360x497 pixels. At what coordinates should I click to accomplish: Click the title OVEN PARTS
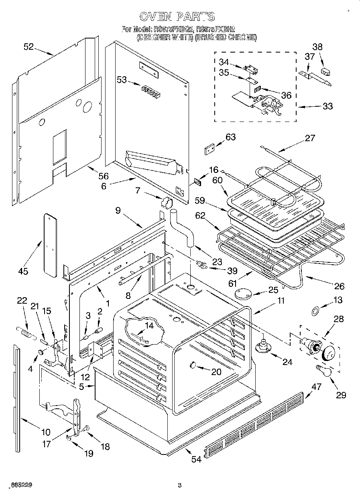[x=177, y=16]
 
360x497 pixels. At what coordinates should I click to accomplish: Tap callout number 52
[x=28, y=47]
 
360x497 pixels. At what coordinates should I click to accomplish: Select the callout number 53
[x=122, y=80]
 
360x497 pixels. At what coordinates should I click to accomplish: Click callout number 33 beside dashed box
[x=328, y=106]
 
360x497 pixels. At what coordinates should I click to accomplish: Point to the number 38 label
[x=317, y=47]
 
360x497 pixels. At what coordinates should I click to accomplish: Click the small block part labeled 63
[x=209, y=150]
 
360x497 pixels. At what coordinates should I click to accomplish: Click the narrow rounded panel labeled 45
[x=50, y=245]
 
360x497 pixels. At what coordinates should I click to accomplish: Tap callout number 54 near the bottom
[x=196, y=459]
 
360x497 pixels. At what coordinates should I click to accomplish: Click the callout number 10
[x=45, y=432]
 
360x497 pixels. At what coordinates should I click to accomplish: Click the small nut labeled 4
[x=41, y=352]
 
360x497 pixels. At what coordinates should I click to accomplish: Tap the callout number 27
[x=310, y=138]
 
